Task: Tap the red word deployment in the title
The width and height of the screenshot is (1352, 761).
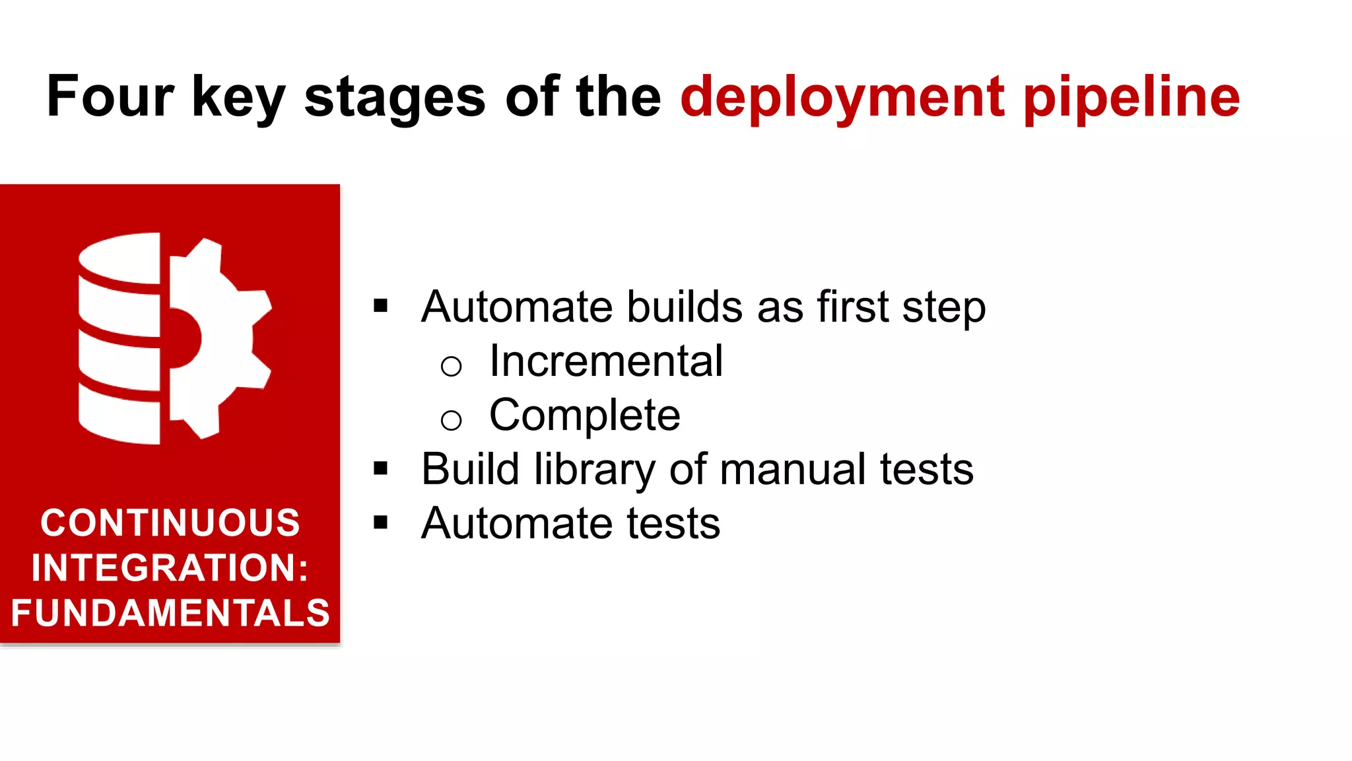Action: click(x=842, y=98)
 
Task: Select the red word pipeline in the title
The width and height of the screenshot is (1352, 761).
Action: click(x=1132, y=98)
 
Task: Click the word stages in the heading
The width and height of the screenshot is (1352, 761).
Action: click(x=395, y=98)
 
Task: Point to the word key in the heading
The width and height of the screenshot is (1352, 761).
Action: click(x=238, y=98)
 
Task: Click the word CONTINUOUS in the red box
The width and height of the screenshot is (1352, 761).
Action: click(x=170, y=523)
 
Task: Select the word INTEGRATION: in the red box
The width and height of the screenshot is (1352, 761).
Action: click(x=170, y=567)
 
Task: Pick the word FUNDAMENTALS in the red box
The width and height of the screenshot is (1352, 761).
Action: click(x=170, y=612)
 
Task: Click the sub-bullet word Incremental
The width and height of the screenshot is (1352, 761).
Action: click(x=606, y=361)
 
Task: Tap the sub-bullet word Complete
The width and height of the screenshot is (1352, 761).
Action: click(x=584, y=416)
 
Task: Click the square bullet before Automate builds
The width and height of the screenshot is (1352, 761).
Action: click(x=380, y=306)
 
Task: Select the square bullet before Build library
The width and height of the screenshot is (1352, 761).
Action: click(x=380, y=468)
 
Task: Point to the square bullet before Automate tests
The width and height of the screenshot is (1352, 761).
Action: click(x=380, y=523)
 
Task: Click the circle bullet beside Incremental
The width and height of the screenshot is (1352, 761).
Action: click(x=451, y=366)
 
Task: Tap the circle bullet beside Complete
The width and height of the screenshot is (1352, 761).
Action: click(x=451, y=420)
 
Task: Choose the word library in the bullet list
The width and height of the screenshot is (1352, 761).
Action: click(x=595, y=470)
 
